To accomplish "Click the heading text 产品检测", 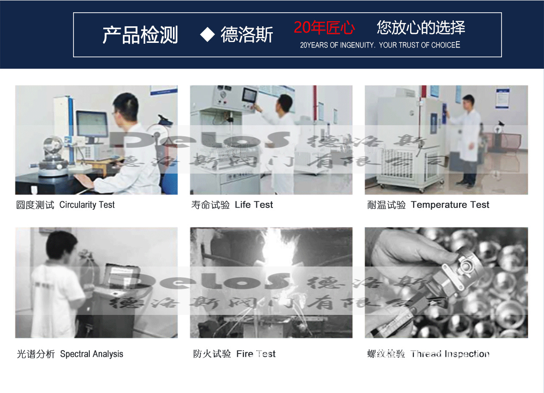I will coord(140,35).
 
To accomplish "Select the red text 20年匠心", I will coord(324,28).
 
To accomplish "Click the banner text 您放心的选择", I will coord(420,28).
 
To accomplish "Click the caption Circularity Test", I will coord(87,205).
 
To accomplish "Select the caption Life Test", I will coord(254,205).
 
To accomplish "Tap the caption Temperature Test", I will coord(450,205).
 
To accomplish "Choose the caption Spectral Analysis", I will coord(91,354).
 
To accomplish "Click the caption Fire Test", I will coord(256,354).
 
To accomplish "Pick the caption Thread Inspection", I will coord(450,354).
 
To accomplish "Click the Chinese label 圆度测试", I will coord(35,205).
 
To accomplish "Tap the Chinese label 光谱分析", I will coord(36,354).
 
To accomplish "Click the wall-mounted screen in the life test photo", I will coord(250,95).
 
